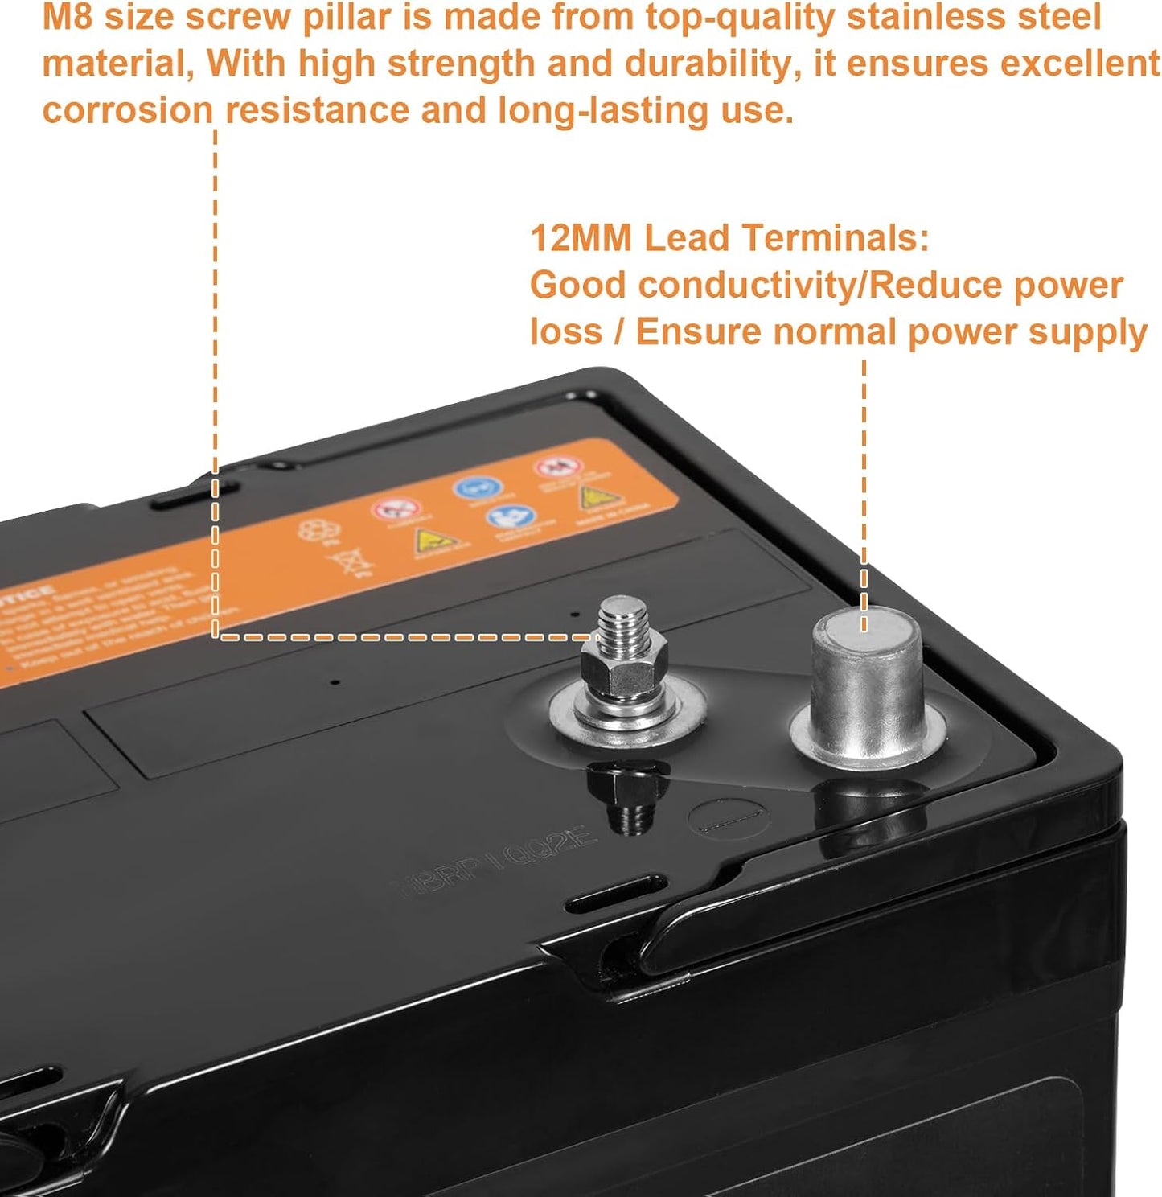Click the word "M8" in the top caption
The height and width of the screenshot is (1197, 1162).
coord(68,18)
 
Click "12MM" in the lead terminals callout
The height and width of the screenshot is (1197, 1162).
coord(581,238)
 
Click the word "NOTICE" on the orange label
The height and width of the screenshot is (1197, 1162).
coord(31,600)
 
